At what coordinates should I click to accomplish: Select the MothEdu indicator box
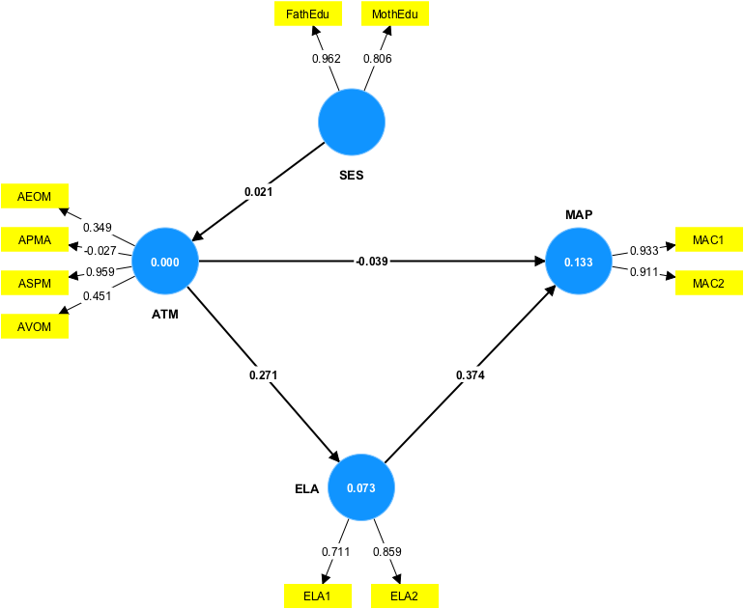click(394, 14)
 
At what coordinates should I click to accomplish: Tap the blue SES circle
click(352, 123)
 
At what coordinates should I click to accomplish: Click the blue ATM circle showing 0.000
click(165, 262)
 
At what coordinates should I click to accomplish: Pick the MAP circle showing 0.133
click(579, 262)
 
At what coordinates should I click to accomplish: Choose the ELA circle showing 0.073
click(361, 487)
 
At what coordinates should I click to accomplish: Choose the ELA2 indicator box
click(404, 595)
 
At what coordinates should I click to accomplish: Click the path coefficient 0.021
click(259, 192)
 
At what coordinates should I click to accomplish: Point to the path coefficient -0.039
click(371, 262)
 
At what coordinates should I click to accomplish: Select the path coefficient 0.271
click(263, 373)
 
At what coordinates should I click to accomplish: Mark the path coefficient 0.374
click(471, 373)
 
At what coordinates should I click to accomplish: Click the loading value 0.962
click(327, 59)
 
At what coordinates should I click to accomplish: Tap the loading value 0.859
click(387, 552)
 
